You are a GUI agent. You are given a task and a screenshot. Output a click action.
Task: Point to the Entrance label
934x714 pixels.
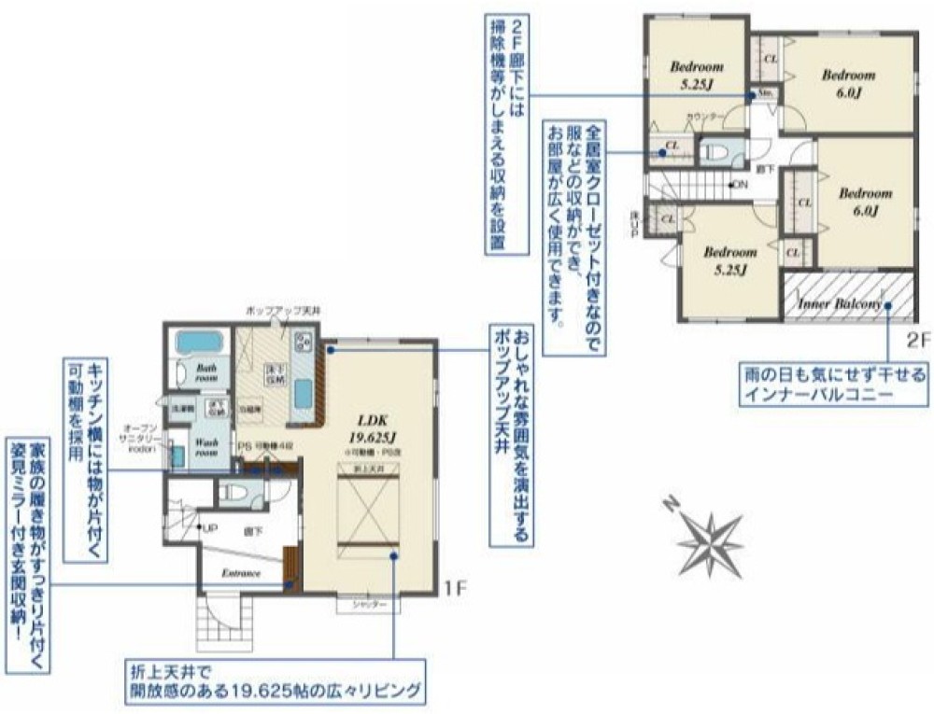coord(240,573)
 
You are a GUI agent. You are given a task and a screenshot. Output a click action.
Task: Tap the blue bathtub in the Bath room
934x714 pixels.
coord(197,344)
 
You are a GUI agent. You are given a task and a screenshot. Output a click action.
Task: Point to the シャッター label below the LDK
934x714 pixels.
coord(369,607)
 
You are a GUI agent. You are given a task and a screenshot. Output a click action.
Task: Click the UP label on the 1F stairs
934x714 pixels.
coord(210,527)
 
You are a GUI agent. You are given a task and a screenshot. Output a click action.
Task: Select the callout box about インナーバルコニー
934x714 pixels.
coord(831,385)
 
